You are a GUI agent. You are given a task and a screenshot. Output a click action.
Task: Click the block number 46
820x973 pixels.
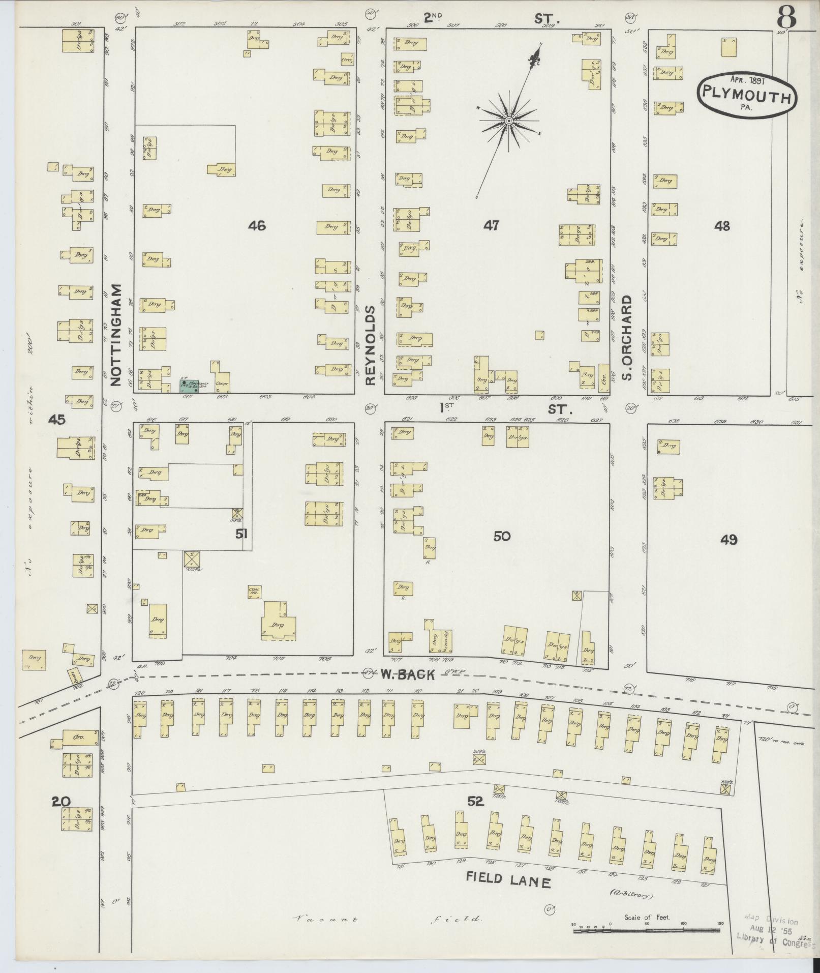257,225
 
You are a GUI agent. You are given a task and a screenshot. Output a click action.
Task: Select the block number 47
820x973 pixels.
491,225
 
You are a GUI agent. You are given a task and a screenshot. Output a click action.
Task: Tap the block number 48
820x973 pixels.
721,225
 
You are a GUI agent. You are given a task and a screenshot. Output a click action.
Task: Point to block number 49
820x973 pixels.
728,540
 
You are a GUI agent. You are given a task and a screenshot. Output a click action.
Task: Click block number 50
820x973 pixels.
501,536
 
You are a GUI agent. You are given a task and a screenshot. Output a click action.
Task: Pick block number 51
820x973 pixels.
241,534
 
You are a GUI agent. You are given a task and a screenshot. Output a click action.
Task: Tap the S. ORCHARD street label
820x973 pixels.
627,337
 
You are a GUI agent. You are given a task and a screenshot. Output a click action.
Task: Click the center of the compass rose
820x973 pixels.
508,121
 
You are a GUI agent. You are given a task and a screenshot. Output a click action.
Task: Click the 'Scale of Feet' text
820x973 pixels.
647,918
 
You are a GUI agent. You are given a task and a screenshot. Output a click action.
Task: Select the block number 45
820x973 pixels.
57,420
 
